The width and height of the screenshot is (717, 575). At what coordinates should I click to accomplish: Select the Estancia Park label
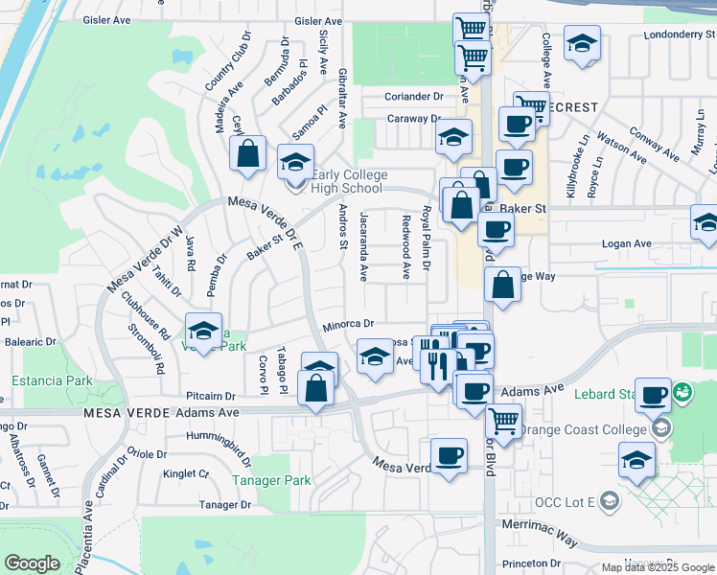click(52, 380)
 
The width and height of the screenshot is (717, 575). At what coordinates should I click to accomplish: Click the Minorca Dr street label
click(347, 325)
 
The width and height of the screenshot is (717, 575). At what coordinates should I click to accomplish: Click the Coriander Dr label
click(414, 96)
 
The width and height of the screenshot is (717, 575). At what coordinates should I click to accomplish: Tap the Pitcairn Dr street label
click(211, 395)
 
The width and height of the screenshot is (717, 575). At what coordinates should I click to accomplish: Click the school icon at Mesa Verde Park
click(202, 331)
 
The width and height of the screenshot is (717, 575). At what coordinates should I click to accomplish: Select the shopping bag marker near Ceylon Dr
click(247, 153)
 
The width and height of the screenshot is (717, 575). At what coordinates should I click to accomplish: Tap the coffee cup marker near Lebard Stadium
click(654, 394)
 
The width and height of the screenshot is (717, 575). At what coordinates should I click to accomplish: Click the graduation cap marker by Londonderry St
click(581, 44)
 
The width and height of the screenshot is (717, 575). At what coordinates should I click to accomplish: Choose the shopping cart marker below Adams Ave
click(503, 420)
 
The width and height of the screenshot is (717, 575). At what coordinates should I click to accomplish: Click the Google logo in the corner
click(33, 563)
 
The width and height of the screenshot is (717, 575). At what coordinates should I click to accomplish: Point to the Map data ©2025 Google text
click(657, 567)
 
